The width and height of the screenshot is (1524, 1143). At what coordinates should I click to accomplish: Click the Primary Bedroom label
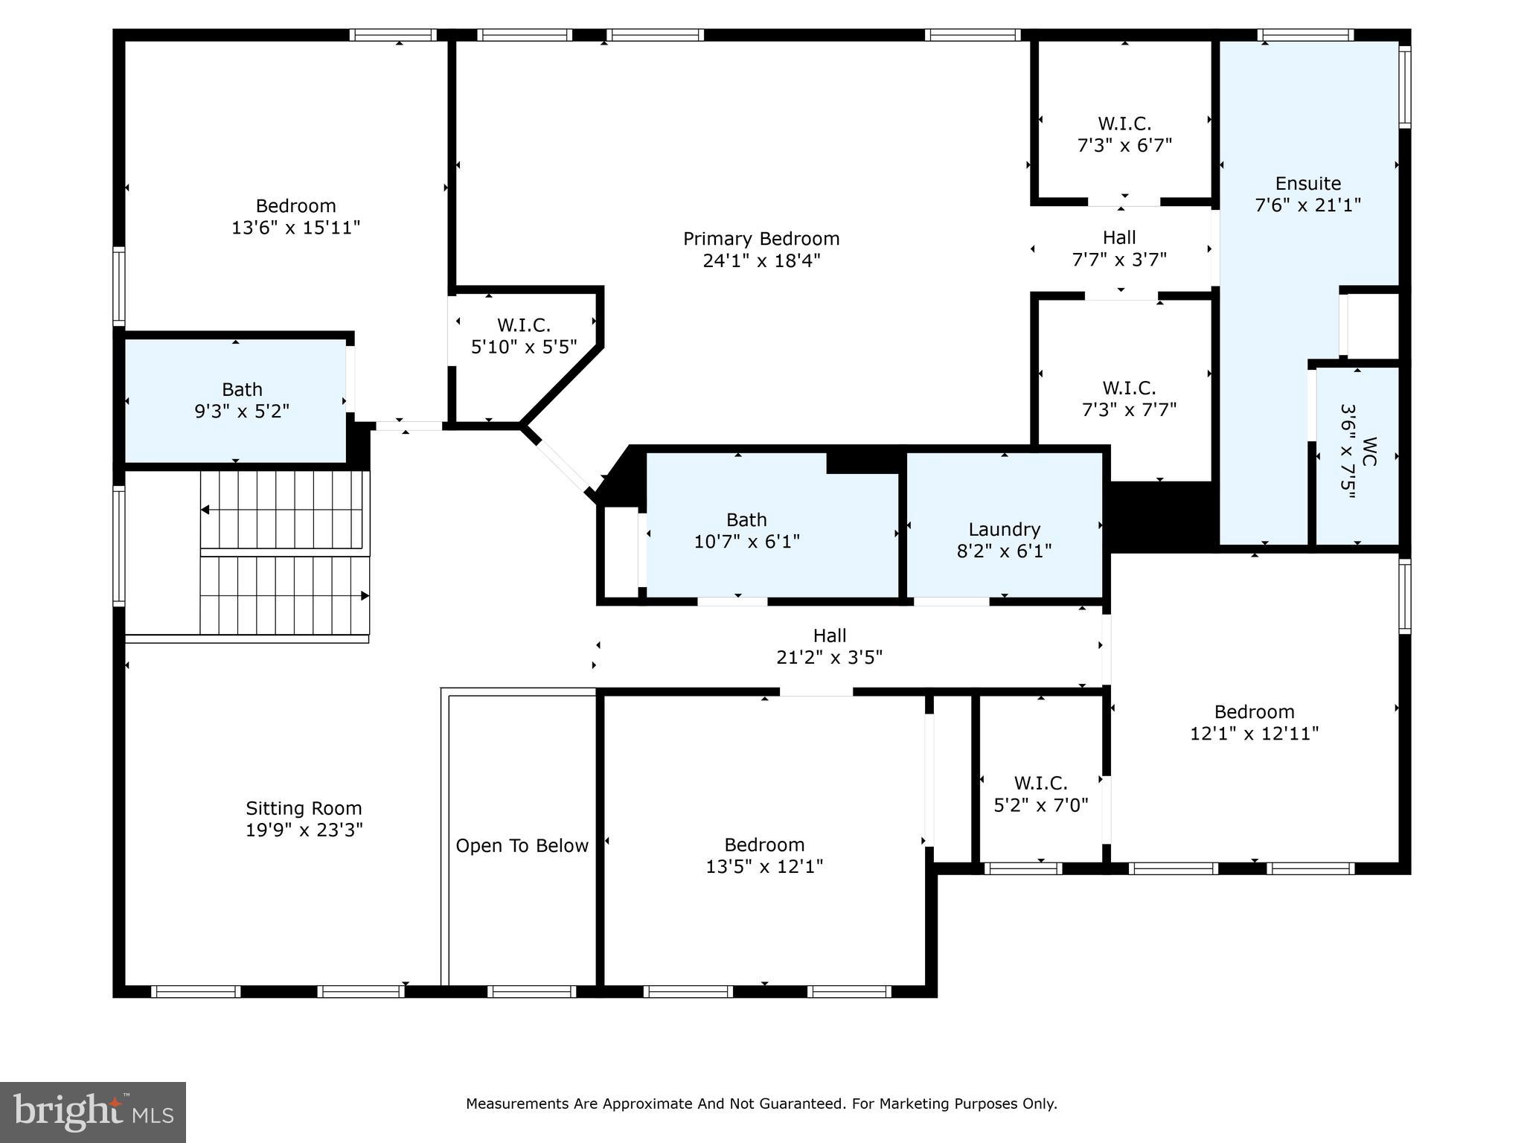[761, 239]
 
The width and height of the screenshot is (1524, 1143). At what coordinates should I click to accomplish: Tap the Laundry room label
[1004, 530]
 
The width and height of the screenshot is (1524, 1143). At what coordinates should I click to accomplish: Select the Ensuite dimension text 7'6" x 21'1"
[1307, 205]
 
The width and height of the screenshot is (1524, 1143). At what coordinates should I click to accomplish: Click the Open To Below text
[522, 846]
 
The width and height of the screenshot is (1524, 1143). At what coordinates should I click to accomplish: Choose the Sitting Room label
[304, 808]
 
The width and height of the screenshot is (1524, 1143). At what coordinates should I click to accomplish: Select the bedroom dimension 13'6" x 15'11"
[295, 228]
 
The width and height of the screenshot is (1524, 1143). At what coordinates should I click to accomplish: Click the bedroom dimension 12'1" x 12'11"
[1254, 734]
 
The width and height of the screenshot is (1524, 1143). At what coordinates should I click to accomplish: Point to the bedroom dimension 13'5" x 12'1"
[764, 867]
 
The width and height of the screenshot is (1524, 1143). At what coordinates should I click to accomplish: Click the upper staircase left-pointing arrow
[206, 510]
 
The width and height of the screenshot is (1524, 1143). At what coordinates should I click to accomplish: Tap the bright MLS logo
[93, 1112]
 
